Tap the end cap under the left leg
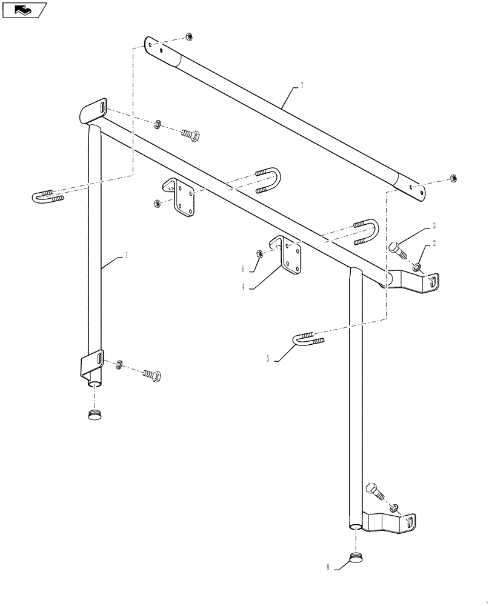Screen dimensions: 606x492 coord(93,415)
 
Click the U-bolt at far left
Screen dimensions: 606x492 coord(47,195)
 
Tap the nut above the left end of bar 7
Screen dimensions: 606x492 coord(188,36)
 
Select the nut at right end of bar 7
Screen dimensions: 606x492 coord(453,178)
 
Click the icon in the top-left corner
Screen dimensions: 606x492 coord(24,10)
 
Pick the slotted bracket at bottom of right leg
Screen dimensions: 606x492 coord(397,522)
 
